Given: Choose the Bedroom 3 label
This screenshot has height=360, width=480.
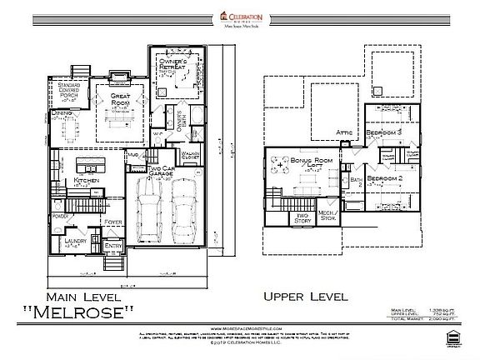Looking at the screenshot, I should [x=387, y=133].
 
